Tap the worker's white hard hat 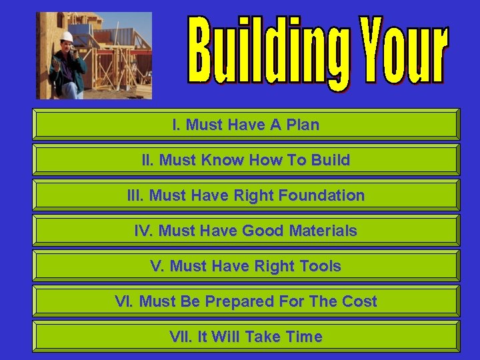point(67,37)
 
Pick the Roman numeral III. point(135,195)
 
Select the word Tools point(318,267)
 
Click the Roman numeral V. point(157,267)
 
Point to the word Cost point(359,302)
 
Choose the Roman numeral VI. point(125,302)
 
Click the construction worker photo point(94,56)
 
